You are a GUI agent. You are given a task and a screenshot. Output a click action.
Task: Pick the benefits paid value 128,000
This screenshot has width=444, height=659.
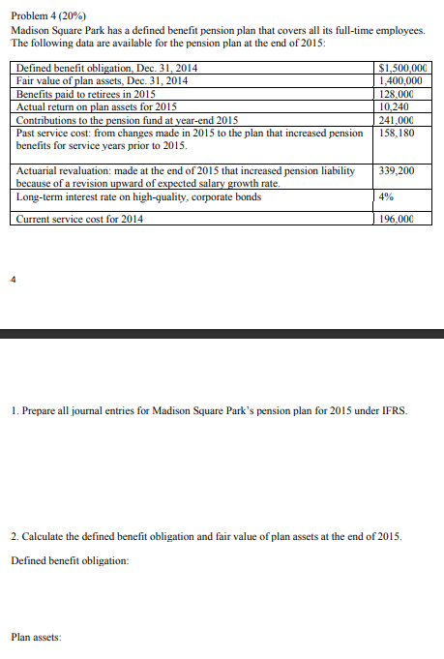(x=398, y=94)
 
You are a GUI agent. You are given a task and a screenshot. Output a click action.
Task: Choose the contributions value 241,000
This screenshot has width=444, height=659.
(x=398, y=119)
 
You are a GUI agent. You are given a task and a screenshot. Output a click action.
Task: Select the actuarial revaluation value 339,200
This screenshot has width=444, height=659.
(x=398, y=170)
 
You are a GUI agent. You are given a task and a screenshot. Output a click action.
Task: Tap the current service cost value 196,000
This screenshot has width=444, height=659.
(x=398, y=219)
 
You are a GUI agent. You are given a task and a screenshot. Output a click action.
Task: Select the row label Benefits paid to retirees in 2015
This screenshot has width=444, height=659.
(x=87, y=94)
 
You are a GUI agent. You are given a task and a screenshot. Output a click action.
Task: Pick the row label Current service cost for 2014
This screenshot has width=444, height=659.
(x=80, y=219)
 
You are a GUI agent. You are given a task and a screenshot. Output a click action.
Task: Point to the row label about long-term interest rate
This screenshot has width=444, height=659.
(x=138, y=197)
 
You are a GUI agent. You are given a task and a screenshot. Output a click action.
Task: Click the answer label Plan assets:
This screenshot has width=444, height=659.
(x=37, y=638)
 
